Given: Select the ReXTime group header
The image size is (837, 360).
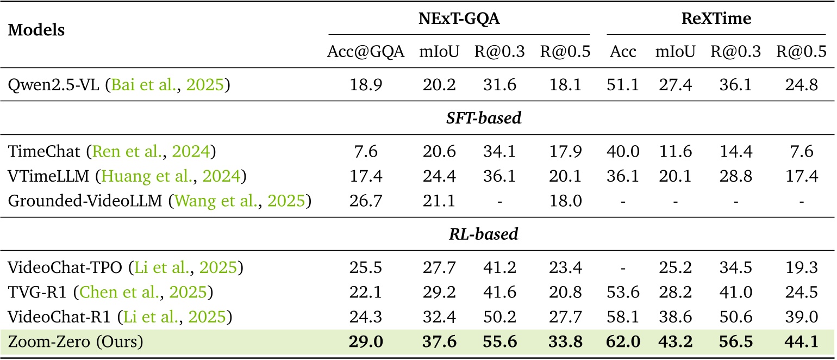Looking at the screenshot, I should [716, 19].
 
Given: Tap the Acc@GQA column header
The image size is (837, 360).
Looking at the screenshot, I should [366, 52].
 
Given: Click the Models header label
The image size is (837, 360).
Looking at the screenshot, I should [36, 30].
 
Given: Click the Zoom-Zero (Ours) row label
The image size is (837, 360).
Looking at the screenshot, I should [76, 343].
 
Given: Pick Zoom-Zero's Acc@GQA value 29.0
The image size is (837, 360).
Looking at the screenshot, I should [366, 343].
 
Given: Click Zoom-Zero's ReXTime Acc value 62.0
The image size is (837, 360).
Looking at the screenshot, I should [623, 343].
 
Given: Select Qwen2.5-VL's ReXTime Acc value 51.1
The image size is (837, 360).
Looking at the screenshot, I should [623, 85].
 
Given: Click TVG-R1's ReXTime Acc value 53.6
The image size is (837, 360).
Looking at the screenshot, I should [623, 292].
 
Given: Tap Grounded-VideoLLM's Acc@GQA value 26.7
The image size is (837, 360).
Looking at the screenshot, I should [366, 201].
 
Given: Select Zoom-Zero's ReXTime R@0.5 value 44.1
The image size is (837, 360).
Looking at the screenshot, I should [801, 343].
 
